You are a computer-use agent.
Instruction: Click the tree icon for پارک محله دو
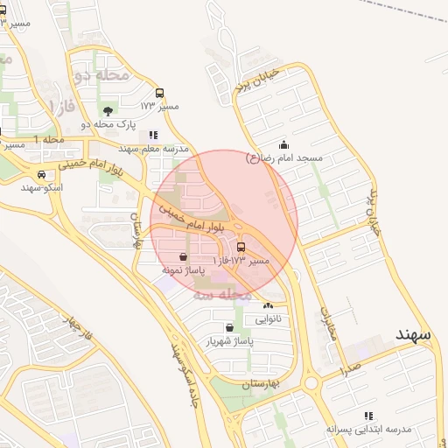point(108,111)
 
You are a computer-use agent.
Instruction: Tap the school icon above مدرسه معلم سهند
point(153,135)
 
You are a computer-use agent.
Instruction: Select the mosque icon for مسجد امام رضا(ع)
point(283,144)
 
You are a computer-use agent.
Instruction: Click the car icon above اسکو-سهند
point(41,173)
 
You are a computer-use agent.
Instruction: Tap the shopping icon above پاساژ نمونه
point(182,257)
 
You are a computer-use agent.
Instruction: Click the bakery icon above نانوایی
point(269,306)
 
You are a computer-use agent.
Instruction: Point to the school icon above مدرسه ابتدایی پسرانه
point(368,416)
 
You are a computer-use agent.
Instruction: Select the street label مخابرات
point(326,324)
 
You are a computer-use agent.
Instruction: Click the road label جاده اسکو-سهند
point(186,384)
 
